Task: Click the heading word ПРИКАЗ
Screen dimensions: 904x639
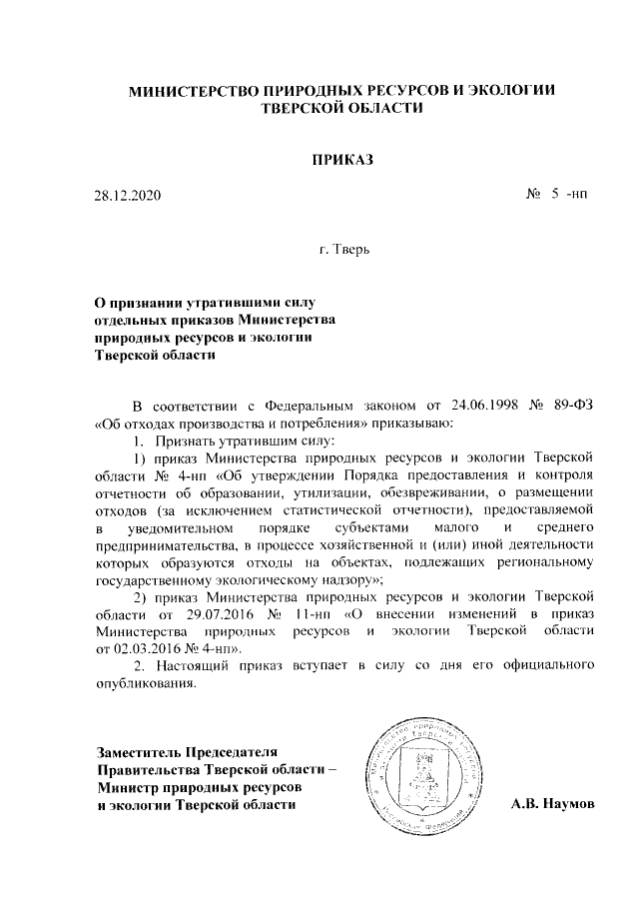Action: [x=343, y=160]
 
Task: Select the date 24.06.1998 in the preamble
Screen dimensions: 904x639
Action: [x=470, y=408]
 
